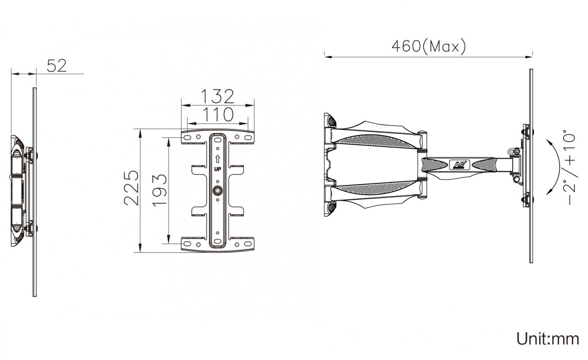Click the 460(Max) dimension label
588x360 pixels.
coord(429,46)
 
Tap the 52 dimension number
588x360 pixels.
coord(57,66)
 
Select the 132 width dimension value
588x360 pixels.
coord(217,96)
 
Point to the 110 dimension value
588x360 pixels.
coord(218,114)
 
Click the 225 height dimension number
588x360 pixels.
coord(131,188)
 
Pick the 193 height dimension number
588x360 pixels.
coord(159,190)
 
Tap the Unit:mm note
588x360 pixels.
coord(548,339)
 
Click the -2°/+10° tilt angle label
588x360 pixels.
coord(569,167)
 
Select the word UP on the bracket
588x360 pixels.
coord(217,169)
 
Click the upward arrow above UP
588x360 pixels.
coord(217,159)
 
